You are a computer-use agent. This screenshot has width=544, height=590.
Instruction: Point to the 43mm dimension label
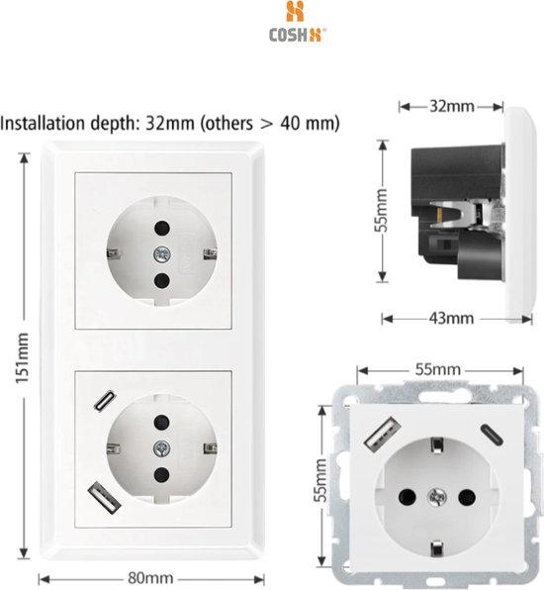(x=451, y=318)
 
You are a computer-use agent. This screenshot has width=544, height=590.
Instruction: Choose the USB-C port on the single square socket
(x=492, y=432)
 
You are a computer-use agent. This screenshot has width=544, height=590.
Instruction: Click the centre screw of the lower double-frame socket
(x=157, y=447)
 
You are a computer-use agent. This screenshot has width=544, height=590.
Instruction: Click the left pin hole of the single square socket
(x=406, y=493)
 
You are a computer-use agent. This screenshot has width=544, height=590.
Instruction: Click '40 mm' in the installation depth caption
(x=317, y=125)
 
